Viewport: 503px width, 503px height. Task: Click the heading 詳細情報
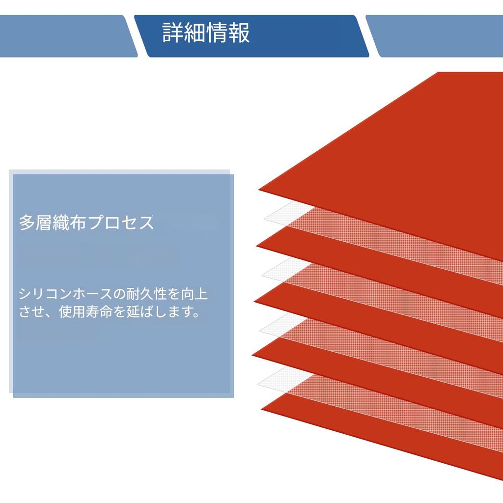pyautogui.click(x=206, y=32)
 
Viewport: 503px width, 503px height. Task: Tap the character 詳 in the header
pyautogui.click(x=173, y=32)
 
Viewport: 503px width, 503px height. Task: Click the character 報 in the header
pyautogui.click(x=239, y=32)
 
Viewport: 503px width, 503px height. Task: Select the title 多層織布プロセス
pyautogui.click(x=86, y=223)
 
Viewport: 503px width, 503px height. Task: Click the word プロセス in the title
pyautogui.click(x=121, y=223)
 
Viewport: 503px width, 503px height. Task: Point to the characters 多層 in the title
pyautogui.click(x=35, y=223)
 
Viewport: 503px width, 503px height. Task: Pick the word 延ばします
pyautogui.click(x=163, y=311)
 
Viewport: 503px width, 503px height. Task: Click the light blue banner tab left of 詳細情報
pyautogui.click(x=69, y=36)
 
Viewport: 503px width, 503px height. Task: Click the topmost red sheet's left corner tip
pyautogui.click(x=258, y=190)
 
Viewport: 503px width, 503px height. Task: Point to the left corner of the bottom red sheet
pyautogui.click(x=261, y=409)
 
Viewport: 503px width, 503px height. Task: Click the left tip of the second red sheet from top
pyautogui.click(x=256, y=246)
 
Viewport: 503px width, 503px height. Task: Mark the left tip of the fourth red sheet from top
pyautogui.click(x=252, y=355)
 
